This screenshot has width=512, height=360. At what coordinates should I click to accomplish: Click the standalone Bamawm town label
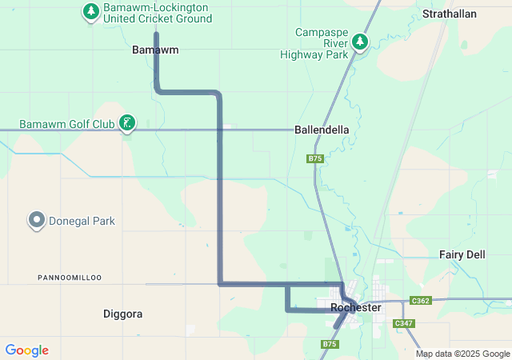(x=154, y=50)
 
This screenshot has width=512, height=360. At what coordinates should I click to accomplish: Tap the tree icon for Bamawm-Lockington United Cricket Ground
(x=91, y=11)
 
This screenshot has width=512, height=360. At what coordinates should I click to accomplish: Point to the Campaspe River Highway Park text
(x=314, y=43)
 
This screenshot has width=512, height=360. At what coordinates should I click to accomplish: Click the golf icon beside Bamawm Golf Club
(x=126, y=123)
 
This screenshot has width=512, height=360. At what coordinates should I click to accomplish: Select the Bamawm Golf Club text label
(x=66, y=124)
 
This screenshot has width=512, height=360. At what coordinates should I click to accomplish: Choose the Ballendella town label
(x=322, y=129)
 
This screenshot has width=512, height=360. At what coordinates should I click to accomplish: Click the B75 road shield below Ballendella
(x=315, y=159)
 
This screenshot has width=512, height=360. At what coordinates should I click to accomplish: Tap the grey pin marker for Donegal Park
(x=36, y=220)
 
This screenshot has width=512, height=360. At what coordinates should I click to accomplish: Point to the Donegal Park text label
(x=82, y=221)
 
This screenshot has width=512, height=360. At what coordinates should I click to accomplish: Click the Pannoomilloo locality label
(x=70, y=277)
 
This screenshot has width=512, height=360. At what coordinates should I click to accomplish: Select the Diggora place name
(x=123, y=314)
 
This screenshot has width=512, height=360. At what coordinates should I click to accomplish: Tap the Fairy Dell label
(x=462, y=254)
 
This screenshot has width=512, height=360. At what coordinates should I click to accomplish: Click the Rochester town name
(x=355, y=307)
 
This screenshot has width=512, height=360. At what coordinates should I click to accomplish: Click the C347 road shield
(x=403, y=322)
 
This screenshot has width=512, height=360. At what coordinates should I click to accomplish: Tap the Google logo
(x=27, y=350)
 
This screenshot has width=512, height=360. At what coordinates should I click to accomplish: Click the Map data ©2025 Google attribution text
(x=462, y=354)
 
